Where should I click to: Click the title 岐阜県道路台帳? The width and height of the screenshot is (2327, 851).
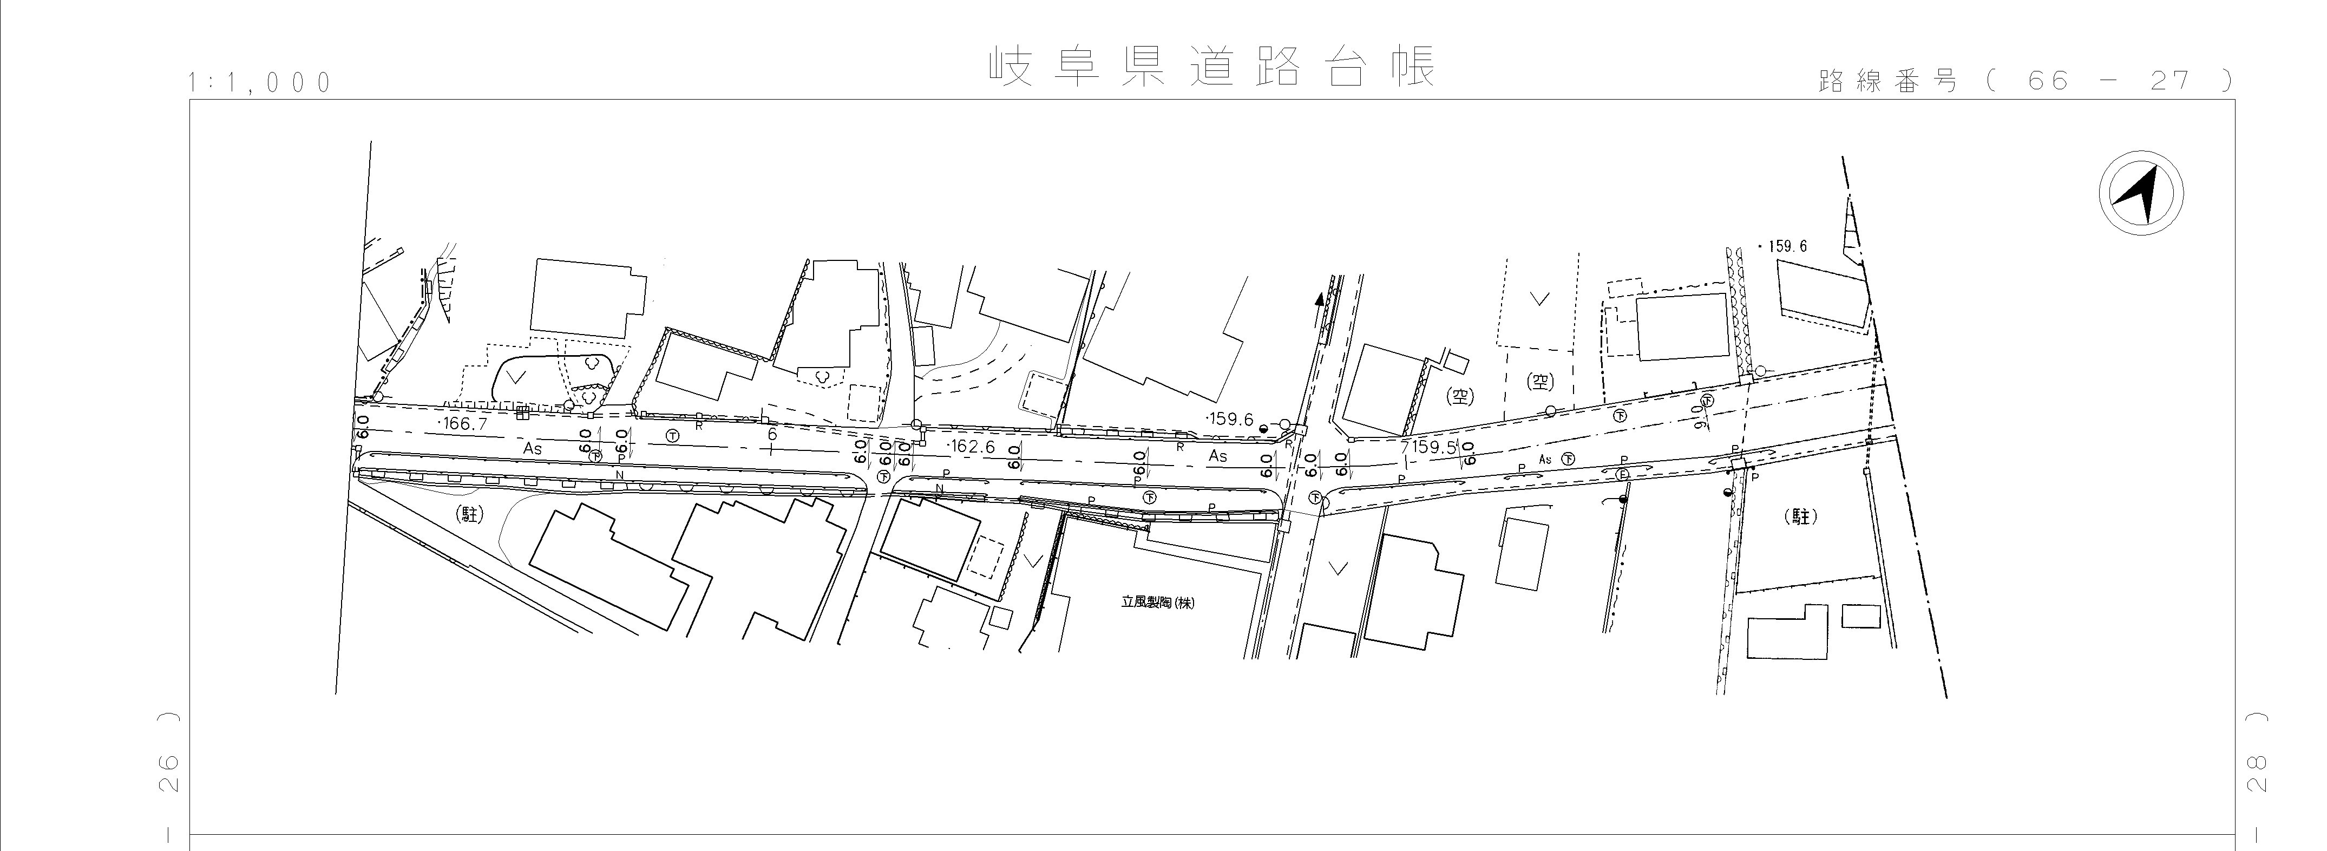click(x=1210, y=66)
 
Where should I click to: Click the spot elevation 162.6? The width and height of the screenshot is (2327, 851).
click(x=971, y=446)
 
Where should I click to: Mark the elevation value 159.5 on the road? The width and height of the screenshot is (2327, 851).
click(x=1429, y=447)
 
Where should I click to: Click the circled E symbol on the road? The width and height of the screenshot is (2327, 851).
click(x=1622, y=474)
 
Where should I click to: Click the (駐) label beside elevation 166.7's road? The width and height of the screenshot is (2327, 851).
click(x=470, y=515)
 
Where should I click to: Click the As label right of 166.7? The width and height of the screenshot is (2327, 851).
click(x=532, y=448)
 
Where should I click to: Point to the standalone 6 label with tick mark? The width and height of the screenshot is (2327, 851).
click(x=771, y=435)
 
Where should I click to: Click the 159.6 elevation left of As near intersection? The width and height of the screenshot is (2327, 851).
click(x=1230, y=419)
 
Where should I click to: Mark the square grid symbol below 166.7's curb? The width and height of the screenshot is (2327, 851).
click(x=521, y=414)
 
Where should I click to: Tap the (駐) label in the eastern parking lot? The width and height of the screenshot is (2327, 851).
click(x=1800, y=517)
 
